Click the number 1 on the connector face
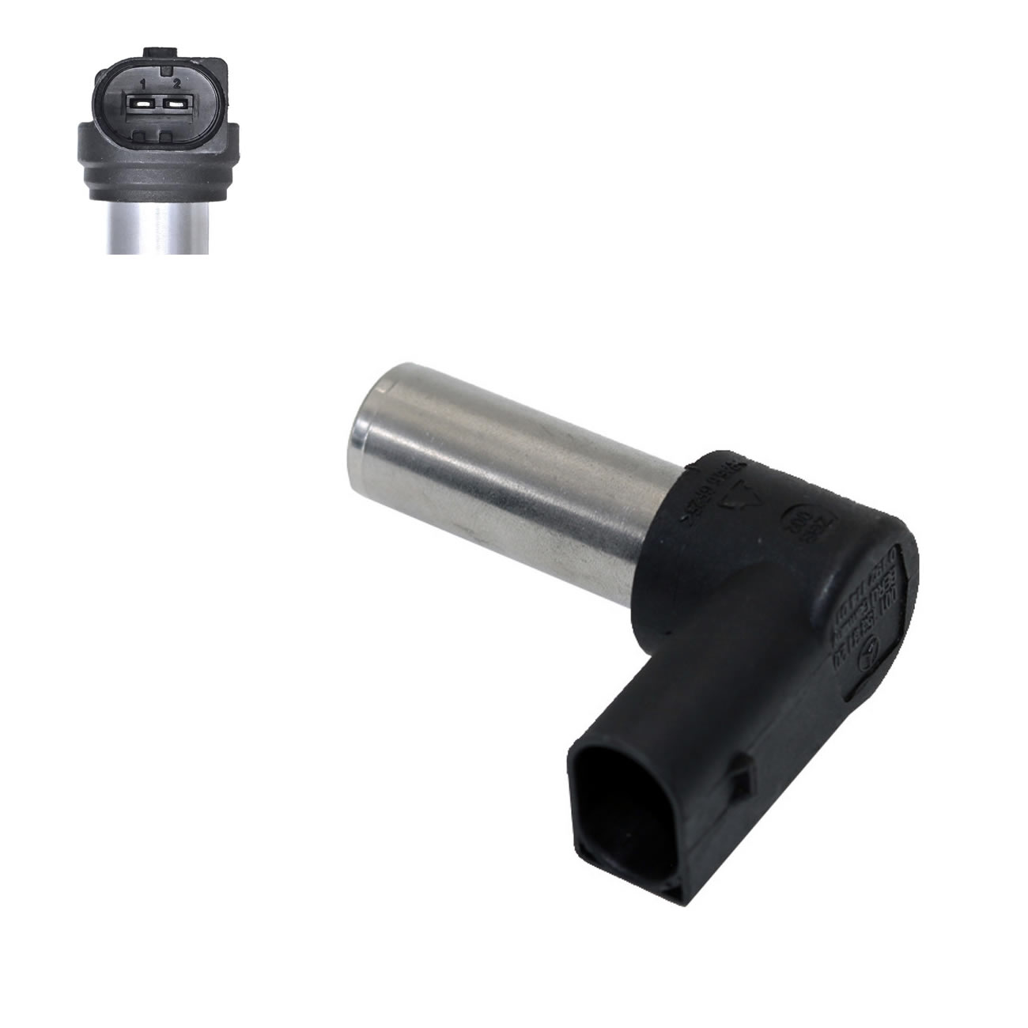[143, 83]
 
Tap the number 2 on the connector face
[177, 83]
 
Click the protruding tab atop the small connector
[161, 52]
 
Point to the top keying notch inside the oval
[161, 72]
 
